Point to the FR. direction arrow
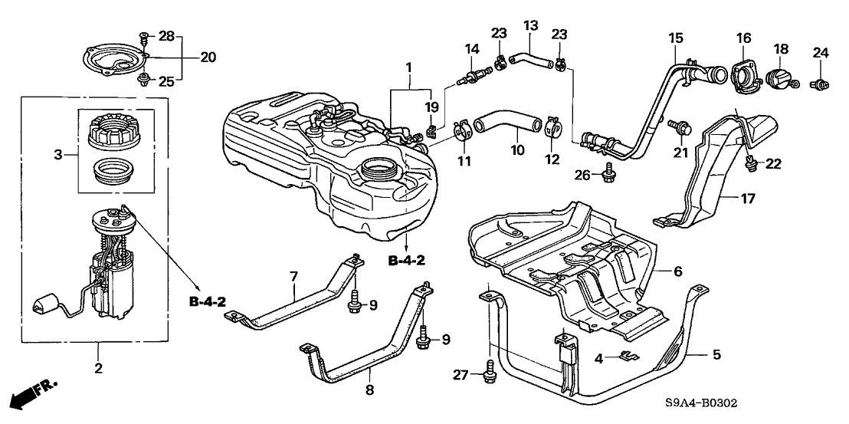coord(34,393)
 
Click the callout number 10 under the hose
coord(519,150)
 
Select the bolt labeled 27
coord(488,375)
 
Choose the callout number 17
coord(748,199)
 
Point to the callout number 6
coord(677,271)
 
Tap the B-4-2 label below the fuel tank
coord(406,261)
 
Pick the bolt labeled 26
coord(609,176)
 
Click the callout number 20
coord(187,57)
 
